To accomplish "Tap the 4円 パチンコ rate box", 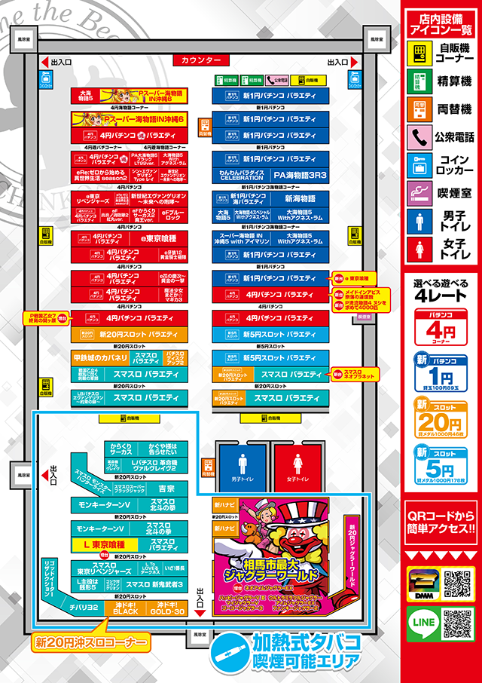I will coord(441,325).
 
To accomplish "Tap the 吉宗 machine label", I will coord(166,489).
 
